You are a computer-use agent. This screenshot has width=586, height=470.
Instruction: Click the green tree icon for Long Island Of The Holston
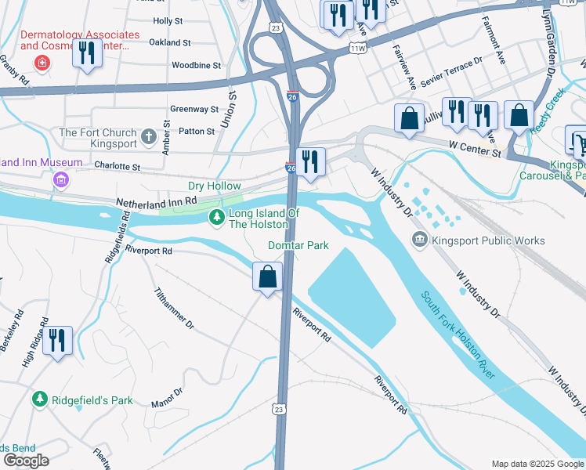pyautogui.click(x=217, y=217)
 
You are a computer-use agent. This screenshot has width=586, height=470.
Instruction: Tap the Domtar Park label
pyautogui.click(x=298, y=245)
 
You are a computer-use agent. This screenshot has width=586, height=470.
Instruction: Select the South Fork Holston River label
pyautogui.click(x=458, y=335)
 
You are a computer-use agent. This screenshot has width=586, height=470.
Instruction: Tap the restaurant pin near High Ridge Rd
pyautogui.click(x=57, y=341)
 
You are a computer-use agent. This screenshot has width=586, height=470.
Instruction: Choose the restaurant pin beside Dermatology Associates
pyautogui.click(x=86, y=53)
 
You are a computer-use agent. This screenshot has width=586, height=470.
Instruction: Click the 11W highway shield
pyautogui.click(x=358, y=49)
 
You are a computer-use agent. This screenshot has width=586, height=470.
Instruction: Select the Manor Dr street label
pyautogui.click(x=167, y=397)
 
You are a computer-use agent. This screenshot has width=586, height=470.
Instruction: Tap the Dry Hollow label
pyautogui.click(x=214, y=186)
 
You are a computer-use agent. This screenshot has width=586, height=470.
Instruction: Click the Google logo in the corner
pyautogui.click(x=25, y=461)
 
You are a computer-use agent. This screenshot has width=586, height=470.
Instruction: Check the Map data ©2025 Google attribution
pyautogui.click(x=537, y=464)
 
